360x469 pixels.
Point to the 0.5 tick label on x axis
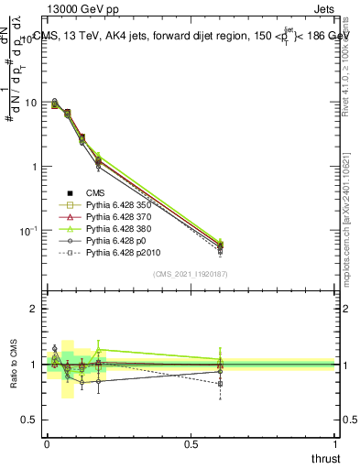190,442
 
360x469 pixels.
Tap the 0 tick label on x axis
46,442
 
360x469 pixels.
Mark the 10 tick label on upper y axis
29,103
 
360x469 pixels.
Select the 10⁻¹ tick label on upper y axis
27,229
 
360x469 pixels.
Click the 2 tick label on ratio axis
34,310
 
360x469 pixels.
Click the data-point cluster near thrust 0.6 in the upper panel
220,245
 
